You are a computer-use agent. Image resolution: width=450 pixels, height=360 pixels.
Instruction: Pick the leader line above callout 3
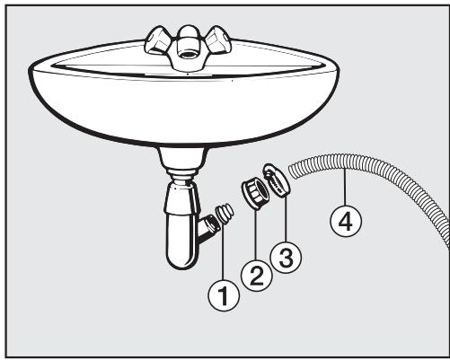(283, 221)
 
